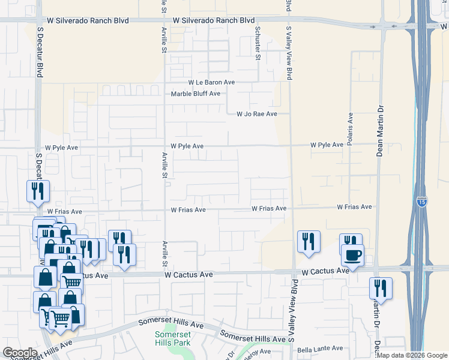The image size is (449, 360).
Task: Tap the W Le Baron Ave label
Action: (211, 82)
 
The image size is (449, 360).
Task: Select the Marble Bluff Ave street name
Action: (196, 94)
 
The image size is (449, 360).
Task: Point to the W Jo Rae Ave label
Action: (256, 113)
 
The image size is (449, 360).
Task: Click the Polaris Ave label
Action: (350, 128)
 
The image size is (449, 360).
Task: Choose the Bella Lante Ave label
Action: (320, 349)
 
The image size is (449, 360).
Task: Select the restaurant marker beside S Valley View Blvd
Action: (309, 242)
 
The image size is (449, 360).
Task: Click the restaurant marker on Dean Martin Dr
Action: (381, 289)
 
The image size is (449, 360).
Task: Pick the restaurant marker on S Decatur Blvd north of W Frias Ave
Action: (38, 191)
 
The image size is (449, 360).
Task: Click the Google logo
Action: (20, 353)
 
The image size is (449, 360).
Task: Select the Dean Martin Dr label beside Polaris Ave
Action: (379, 130)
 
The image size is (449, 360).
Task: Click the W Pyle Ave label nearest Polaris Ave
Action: (327, 145)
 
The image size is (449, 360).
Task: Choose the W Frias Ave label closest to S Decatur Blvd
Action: (64, 212)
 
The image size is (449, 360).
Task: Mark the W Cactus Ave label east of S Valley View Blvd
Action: (325, 271)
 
